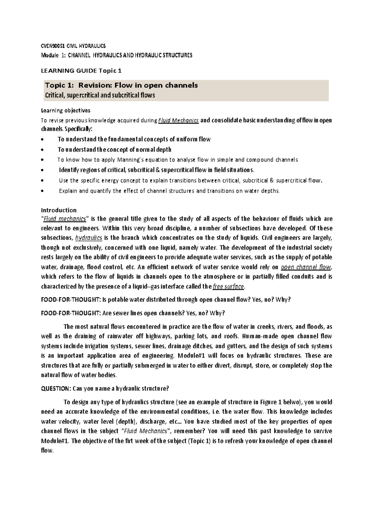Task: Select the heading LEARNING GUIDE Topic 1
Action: point(81,71)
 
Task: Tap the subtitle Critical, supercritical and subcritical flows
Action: point(100,95)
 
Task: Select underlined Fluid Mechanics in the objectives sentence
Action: point(179,121)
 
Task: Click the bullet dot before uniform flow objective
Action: point(43,140)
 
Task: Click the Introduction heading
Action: point(59,210)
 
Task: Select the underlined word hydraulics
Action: point(89,238)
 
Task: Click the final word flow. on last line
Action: point(47,451)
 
